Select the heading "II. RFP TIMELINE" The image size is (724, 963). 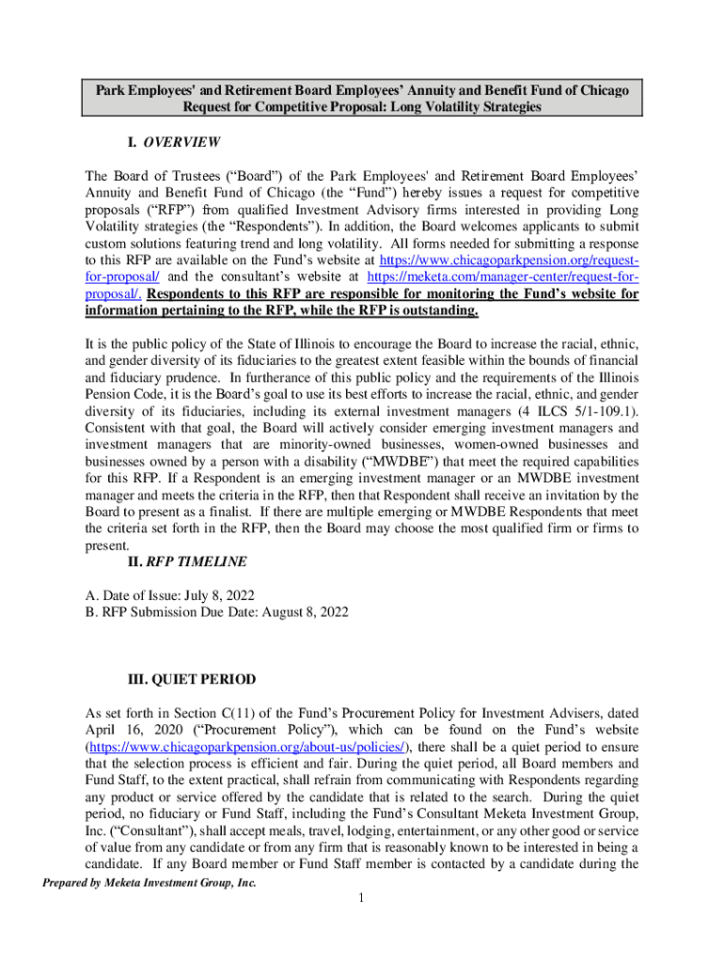(x=186, y=562)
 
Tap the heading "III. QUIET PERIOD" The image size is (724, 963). (x=191, y=679)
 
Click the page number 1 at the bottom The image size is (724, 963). (x=361, y=899)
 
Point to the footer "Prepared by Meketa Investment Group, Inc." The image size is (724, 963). (x=146, y=883)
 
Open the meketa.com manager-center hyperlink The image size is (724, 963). (x=503, y=277)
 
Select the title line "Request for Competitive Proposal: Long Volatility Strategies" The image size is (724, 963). (x=362, y=107)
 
